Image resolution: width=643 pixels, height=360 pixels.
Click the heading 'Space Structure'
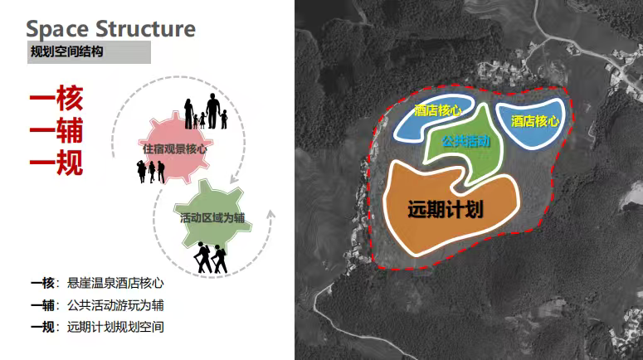click(111, 28)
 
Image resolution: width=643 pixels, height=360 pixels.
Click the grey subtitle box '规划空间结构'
click(89, 52)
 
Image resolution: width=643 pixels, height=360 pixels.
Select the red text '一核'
click(56, 101)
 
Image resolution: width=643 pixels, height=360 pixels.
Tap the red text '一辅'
click(56, 131)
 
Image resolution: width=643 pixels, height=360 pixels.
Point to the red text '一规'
click(56, 162)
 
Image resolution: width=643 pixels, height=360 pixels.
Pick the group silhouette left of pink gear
click(150, 171)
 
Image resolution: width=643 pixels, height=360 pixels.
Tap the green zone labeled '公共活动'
click(465, 145)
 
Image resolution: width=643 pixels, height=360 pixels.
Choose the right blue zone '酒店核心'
click(533, 121)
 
